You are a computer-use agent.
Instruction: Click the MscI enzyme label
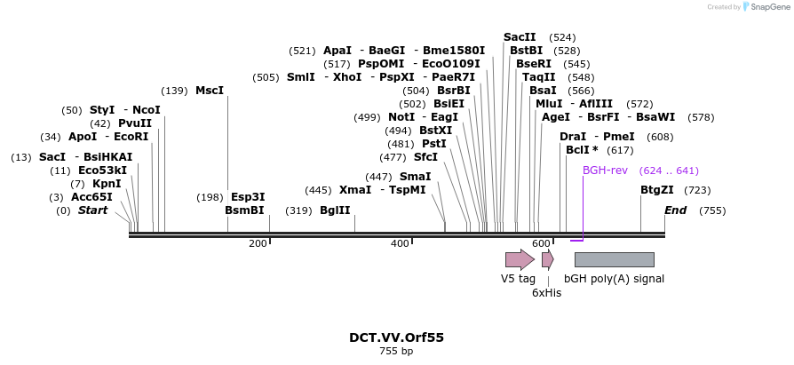(x=210, y=91)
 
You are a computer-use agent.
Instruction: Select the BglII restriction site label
(x=335, y=210)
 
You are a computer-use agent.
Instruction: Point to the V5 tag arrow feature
(x=520, y=259)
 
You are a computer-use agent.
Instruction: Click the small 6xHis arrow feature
(x=547, y=259)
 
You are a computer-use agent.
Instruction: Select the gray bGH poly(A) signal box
(x=614, y=259)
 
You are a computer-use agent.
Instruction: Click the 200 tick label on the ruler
(x=258, y=243)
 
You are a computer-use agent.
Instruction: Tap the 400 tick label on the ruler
(x=400, y=243)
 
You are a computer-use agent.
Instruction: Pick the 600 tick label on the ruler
(x=541, y=243)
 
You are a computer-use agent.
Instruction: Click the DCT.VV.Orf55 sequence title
(x=396, y=337)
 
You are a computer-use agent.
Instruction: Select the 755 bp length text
(x=396, y=352)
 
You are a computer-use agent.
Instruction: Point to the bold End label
(x=675, y=210)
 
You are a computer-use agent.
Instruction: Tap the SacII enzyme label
(x=520, y=37)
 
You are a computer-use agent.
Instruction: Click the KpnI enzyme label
(x=107, y=184)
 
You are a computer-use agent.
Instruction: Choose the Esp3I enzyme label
(x=248, y=197)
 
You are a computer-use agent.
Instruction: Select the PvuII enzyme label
(x=134, y=123)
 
